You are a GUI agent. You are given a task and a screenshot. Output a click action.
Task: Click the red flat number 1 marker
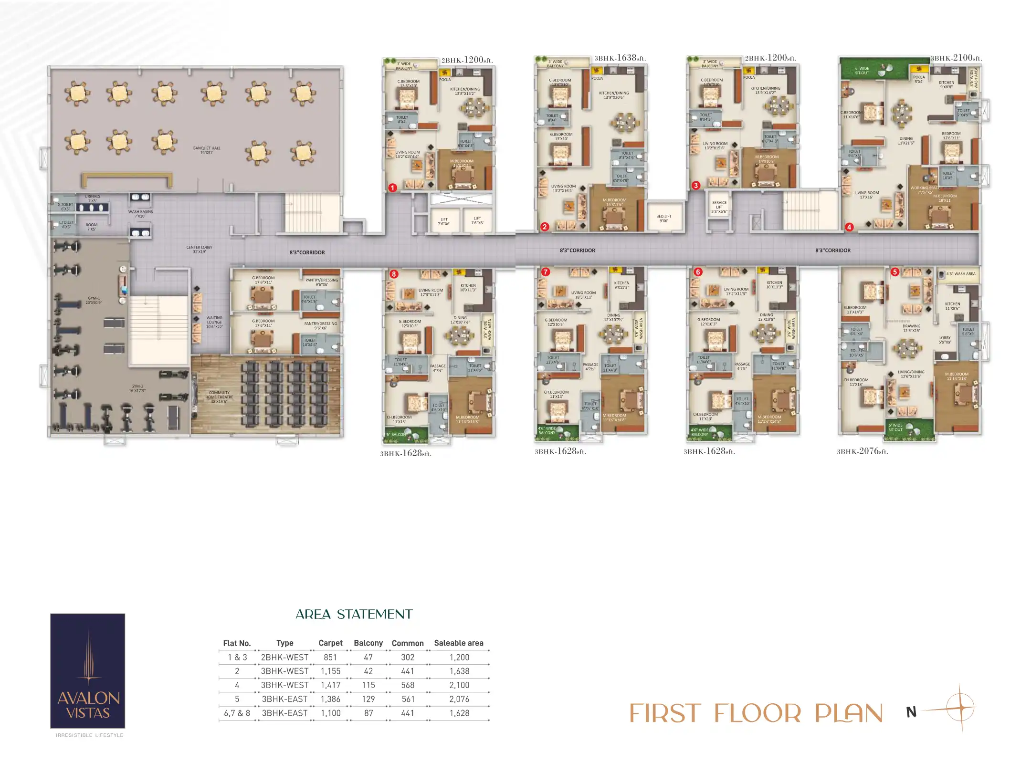pos(392,188)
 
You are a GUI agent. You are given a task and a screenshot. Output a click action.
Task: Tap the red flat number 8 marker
pos(394,274)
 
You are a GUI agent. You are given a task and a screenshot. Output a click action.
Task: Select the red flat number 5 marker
pos(895,272)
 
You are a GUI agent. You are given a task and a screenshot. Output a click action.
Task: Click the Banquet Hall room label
pos(207,150)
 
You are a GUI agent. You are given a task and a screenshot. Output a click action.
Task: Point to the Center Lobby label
pos(199,250)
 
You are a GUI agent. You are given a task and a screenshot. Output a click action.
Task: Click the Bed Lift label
pos(663,219)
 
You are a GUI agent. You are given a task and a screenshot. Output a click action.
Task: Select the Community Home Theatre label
pos(219,397)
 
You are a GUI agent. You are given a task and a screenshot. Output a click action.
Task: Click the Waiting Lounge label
pos(214,322)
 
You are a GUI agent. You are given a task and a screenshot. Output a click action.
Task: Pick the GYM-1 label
pos(94,300)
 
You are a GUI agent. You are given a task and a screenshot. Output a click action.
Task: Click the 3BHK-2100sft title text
pos(956,58)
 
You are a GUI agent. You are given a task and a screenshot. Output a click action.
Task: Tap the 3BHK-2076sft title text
pos(862,451)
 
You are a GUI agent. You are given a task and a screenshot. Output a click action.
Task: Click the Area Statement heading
pos(354,615)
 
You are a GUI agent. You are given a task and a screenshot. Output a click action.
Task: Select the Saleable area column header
pos(459,643)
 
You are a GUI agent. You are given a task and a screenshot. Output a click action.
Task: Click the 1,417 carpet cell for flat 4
pos(330,685)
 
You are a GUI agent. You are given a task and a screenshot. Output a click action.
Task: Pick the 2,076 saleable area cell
pos(459,699)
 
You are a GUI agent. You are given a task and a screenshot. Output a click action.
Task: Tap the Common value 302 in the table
pos(408,657)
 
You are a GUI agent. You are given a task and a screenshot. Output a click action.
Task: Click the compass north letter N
pos(911,712)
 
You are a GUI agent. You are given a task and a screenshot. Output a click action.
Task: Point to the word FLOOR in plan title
pos(758,714)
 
